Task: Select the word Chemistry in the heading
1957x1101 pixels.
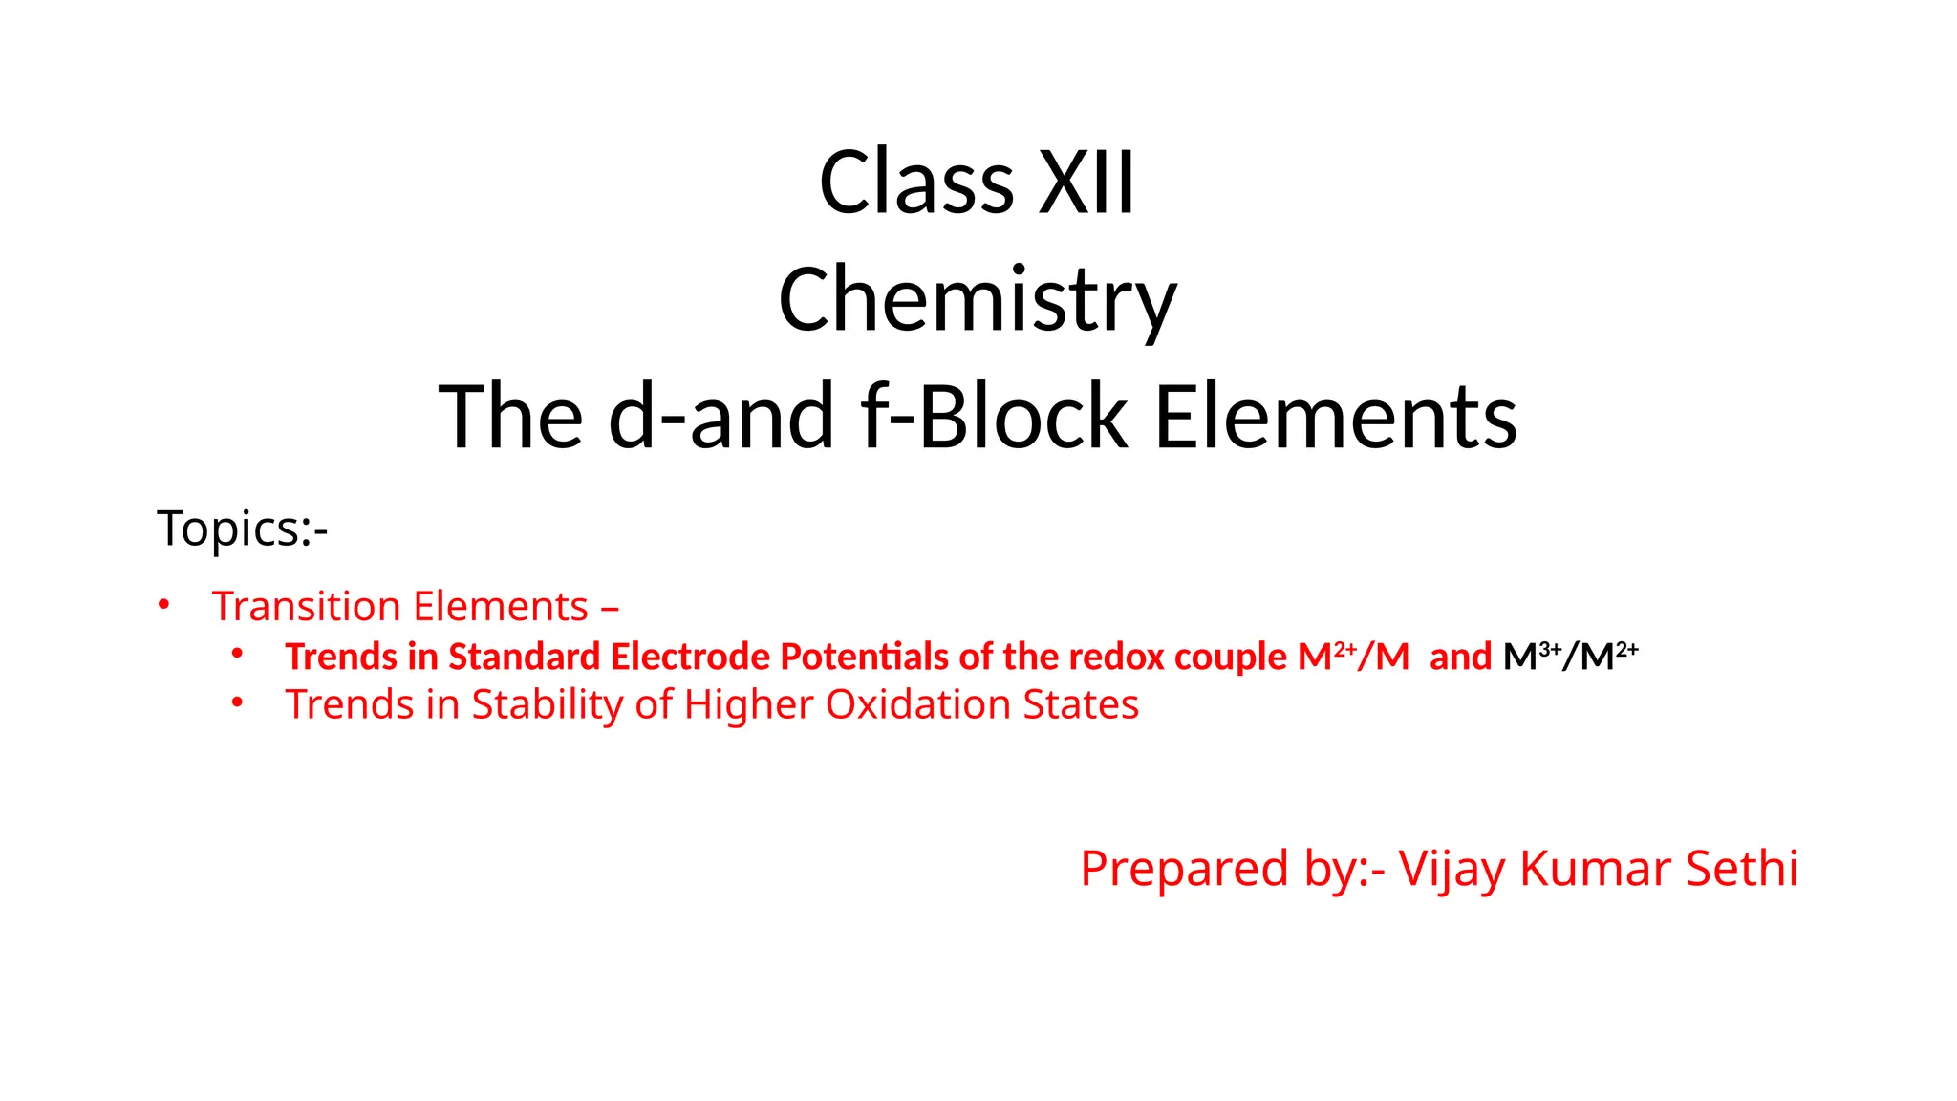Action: (x=978, y=300)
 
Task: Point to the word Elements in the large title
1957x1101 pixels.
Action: (x=1335, y=416)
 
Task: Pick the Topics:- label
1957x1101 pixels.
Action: (x=243, y=529)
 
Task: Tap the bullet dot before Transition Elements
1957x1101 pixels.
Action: (x=164, y=605)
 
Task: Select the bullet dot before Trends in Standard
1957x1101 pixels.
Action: (x=237, y=655)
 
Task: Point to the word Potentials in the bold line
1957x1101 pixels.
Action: (x=864, y=657)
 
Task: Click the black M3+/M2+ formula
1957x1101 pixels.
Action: (x=1570, y=656)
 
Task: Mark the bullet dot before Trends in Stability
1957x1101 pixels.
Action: (x=237, y=703)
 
